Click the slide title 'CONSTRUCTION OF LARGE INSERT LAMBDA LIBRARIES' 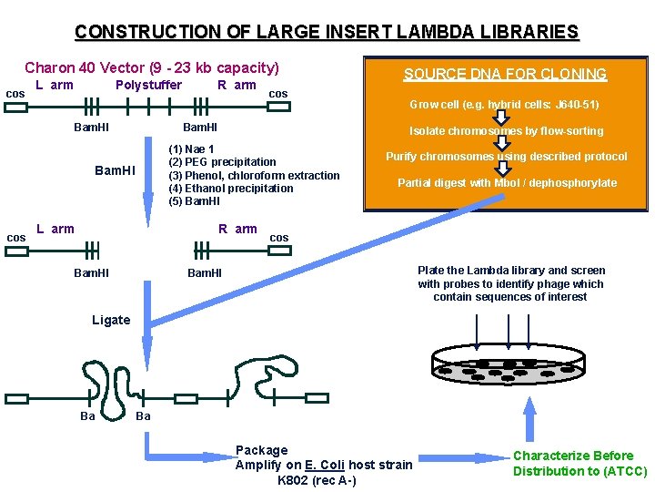click(x=327, y=32)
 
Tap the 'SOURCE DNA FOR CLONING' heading click(x=505, y=74)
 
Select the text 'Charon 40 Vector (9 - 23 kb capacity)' click(x=151, y=67)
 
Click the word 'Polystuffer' click(x=148, y=85)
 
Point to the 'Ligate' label click(x=111, y=320)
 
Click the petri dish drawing click(x=508, y=365)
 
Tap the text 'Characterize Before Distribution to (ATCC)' click(x=579, y=463)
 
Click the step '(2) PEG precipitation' click(x=222, y=162)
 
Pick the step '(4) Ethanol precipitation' click(x=231, y=189)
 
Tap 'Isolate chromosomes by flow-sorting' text click(x=506, y=131)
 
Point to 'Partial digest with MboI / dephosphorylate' click(x=507, y=183)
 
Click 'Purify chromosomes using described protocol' click(x=507, y=157)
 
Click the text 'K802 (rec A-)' click(x=317, y=480)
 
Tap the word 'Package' click(x=261, y=450)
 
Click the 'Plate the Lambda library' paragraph click(x=510, y=283)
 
